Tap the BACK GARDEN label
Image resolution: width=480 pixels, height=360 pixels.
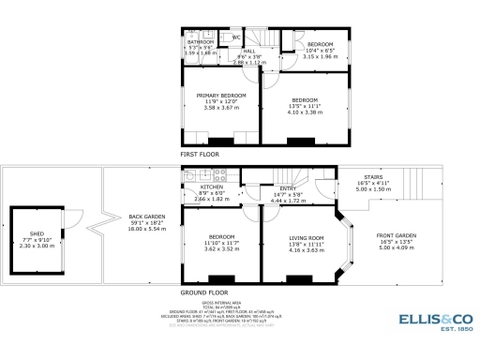[x=144, y=217]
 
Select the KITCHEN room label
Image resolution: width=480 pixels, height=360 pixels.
[x=212, y=187]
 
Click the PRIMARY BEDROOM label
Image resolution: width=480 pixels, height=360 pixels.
[x=221, y=96]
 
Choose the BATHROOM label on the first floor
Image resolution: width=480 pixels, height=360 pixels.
[x=200, y=42]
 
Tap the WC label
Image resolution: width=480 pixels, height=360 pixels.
[x=236, y=37]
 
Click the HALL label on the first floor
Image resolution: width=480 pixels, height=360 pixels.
[x=249, y=52]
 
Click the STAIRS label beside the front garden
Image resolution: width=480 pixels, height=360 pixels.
[x=372, y=177]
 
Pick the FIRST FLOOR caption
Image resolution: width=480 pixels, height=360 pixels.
[x=201, y=153]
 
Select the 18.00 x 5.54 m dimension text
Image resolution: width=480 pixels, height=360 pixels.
[x=144, y=228]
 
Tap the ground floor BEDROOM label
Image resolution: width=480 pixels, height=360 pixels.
[x=221, y=236]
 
